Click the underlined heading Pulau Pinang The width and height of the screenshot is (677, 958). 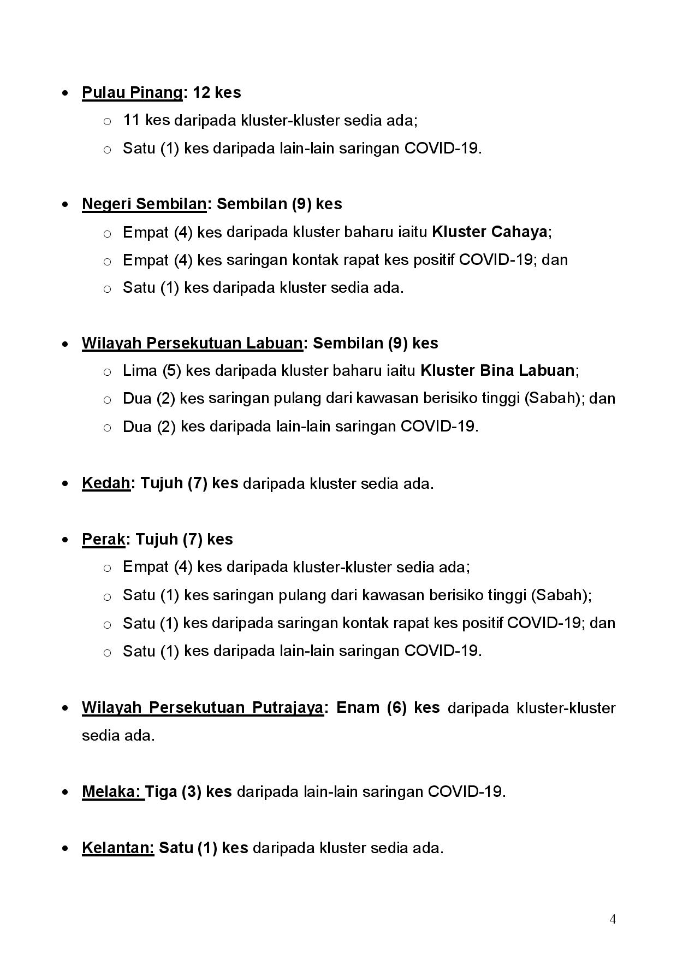pos(132,92)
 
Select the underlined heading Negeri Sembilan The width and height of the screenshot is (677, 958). pos(144,204)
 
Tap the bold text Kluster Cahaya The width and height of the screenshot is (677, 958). pos(489,232)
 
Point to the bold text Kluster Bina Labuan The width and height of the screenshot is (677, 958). pos(497,370)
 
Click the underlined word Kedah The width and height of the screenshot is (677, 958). pos(106,483)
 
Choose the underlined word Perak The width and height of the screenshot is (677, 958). pos(103,539)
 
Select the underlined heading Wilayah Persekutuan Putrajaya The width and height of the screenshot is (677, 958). pos(202,707)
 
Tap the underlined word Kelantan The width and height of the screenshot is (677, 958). pos(118,847)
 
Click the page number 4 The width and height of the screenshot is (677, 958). pos(613,919)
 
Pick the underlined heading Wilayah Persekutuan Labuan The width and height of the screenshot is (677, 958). pos(192,343)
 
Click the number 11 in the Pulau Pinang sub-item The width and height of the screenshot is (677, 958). pos(132,120)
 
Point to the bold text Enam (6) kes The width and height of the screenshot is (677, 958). pos(388,707)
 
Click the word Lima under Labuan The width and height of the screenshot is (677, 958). pos(140,370)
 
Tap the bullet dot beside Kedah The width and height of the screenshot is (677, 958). pos(66,483)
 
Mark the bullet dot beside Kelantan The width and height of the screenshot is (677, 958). pos(66,848)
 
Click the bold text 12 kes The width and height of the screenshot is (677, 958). pos(217,92)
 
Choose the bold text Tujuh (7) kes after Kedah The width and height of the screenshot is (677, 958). pos(189,483)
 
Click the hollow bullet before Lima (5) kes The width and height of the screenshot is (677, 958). pos(107,371)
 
